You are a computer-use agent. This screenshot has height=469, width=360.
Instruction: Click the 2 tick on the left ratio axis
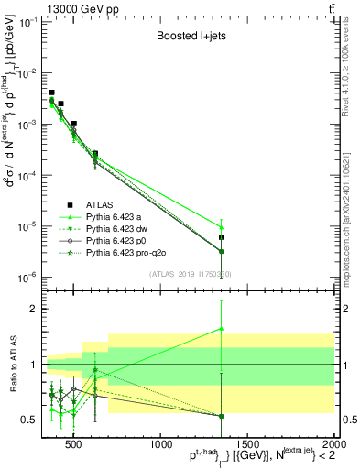pyautogui.click(x=34, y=310)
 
